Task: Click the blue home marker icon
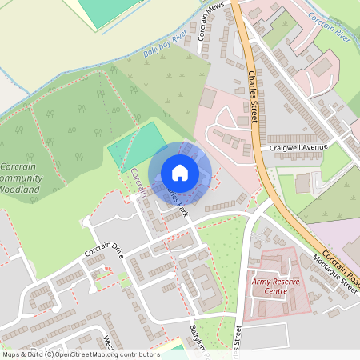pyautogui.click(x=180, y=173)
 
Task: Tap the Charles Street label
pyautogui.click(x=254, y=97)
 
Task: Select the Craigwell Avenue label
pyautogui.click(x=299, y=148)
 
